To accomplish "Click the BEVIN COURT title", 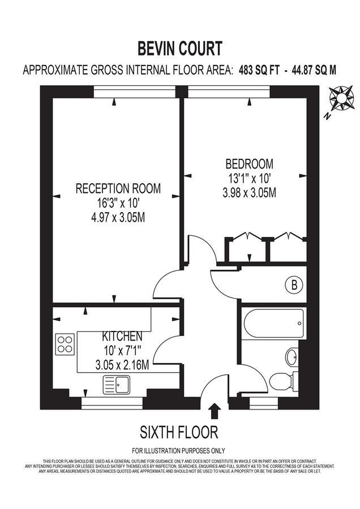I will (x=180, y=48).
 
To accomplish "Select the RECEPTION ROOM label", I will (x=118, y=188).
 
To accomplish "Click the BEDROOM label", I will (x=249, y=165).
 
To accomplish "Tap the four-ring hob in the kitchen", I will (x=65, y=343).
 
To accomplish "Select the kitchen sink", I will (x=117, y=385).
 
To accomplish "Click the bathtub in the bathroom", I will (x=273, y=323).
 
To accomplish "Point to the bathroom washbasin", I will (x=292, y=357).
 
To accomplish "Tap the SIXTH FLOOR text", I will (x=179, y=433).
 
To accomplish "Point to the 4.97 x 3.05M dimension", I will (x=118, y=218).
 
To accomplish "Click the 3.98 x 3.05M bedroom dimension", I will (x=249, y=192).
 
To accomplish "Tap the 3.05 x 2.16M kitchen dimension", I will (x=122, y=365).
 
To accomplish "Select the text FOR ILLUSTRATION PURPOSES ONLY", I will (x=179, y=451).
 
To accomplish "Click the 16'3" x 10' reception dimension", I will (x=118, y=203).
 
